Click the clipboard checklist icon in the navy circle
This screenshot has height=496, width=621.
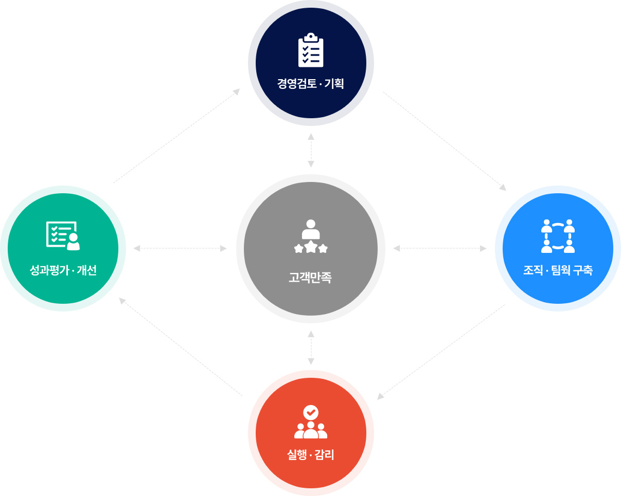(x=311, y=50)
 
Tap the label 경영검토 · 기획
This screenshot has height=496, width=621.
(x=311, y=84)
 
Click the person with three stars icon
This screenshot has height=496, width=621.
(x=311, y=236)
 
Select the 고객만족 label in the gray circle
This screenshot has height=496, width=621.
(x=310, y=278)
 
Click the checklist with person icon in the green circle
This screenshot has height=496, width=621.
(x=63, y=235)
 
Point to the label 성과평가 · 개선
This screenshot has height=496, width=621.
(x=63, y=270)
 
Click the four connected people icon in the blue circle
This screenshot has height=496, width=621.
(x=558, y=236)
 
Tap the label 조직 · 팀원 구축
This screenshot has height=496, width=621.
(x=558, y=270)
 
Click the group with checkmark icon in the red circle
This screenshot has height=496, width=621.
(x=311, y=422)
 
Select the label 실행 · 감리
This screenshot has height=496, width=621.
(x=311, y=455)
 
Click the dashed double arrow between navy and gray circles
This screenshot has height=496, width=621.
(x=311, y=150)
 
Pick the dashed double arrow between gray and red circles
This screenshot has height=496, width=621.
(x=311, y=348)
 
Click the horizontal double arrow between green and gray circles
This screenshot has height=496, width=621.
(x=180, y=248)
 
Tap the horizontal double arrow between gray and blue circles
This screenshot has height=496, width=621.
(x=440, y=248)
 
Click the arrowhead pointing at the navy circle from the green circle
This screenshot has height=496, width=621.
(x=237, y=91)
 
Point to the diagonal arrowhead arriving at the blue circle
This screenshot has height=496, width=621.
(x=503, y=188)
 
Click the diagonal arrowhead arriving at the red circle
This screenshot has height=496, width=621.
(x=380, y=396)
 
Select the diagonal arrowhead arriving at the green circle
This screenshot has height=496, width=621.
(x=122, y=301)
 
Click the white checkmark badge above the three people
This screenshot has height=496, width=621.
(x=311, y=413)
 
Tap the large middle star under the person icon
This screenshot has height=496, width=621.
(x=311, y=247)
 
